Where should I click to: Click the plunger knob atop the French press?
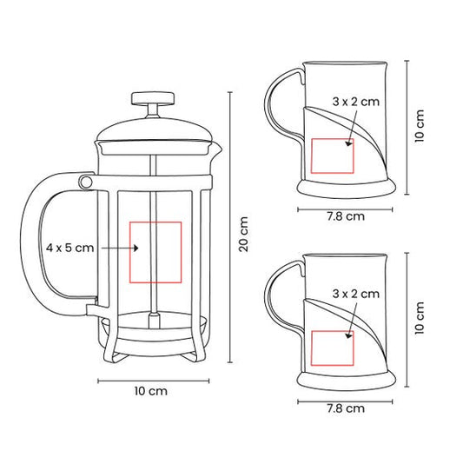(x=153, y=98)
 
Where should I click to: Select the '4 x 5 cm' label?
(x=69, y=248)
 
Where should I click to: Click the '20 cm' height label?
(x=244, y=234)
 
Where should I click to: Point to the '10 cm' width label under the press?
(x=151, y=391)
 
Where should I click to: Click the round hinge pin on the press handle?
(x=85, y=182)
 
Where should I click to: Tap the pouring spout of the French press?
(x=217, y=149)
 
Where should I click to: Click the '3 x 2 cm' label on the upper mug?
(x=356, y=102)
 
